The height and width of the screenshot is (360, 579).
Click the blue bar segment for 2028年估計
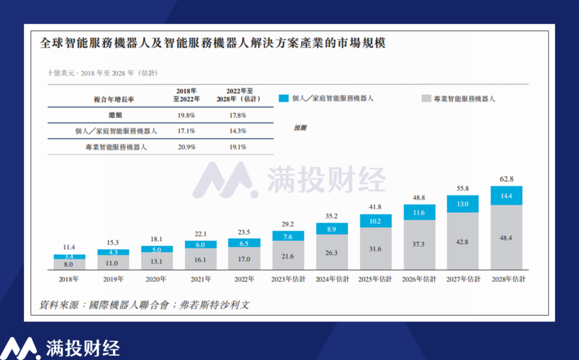point(507,196)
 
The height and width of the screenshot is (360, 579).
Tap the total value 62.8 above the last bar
point(507,179)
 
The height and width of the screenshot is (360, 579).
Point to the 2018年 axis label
point(69,279)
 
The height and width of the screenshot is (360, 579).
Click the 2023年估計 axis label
point(288,279)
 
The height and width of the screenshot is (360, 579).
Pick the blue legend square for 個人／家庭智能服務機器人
point(284,98)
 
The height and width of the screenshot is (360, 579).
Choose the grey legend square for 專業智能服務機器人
point(426,99)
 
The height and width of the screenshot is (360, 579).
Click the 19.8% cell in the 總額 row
point(186,115)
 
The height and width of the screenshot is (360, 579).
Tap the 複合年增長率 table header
point(114,99)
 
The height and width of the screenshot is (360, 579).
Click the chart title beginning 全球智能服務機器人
point(213,43)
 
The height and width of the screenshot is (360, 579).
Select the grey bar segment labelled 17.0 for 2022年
point(244,259)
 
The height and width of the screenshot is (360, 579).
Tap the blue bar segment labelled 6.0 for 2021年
point(201,244)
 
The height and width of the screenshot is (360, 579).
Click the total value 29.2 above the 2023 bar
point(288,224)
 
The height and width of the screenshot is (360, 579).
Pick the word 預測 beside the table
point(300,128)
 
